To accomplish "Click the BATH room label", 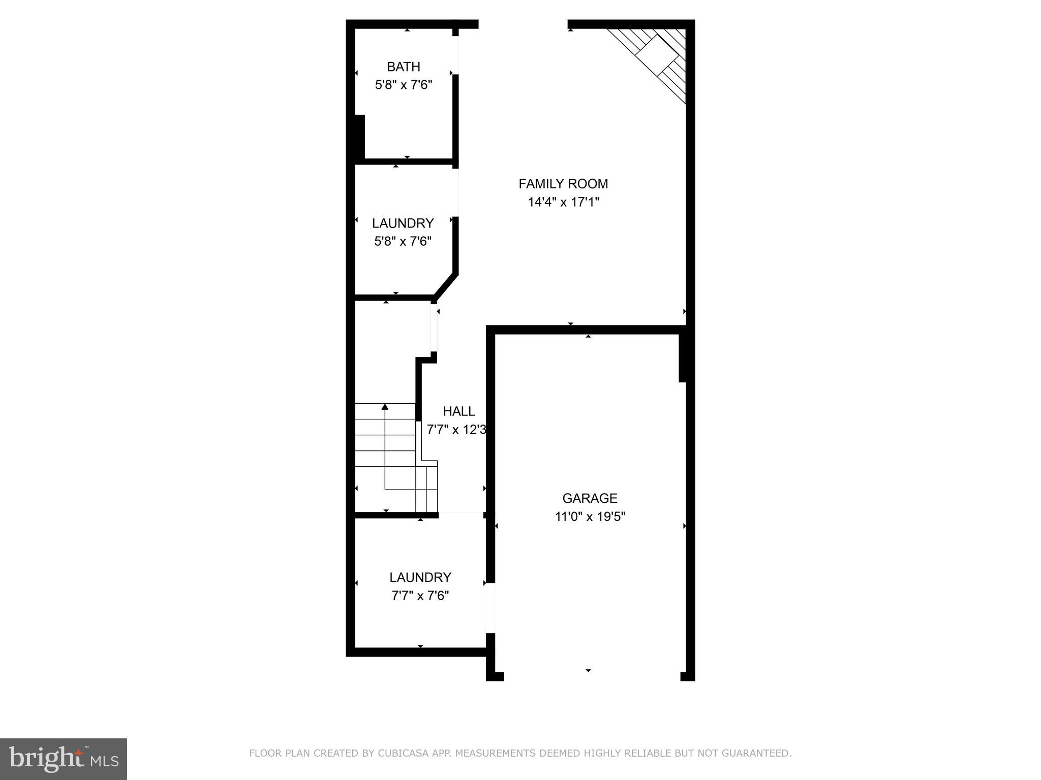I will [x=404, y=67].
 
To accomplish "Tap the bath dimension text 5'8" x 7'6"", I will [x=404, y=85].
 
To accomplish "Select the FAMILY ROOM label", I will [x=563, y=183].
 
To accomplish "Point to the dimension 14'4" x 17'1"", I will [x=563, y=202].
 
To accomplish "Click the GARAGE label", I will [x=590, y=498].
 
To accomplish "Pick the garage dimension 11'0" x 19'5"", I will [x=590, y=517].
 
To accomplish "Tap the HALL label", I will [x=458, y=411].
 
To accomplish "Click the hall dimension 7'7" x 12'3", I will [x=456, y=430].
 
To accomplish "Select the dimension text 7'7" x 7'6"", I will [x=420, y=596].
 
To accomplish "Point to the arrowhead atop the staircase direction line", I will [x=385, y=406].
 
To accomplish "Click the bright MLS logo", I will [x=64, y=759].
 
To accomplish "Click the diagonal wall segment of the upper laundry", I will [x=446, y=286].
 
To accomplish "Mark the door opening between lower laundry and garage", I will [x=491, y=607].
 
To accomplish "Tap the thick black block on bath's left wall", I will [x=359, y=137].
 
